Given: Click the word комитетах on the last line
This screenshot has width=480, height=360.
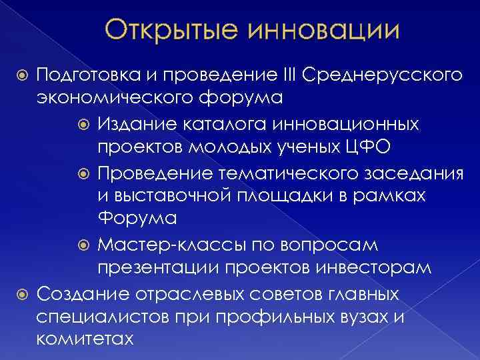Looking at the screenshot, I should point(85,339).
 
